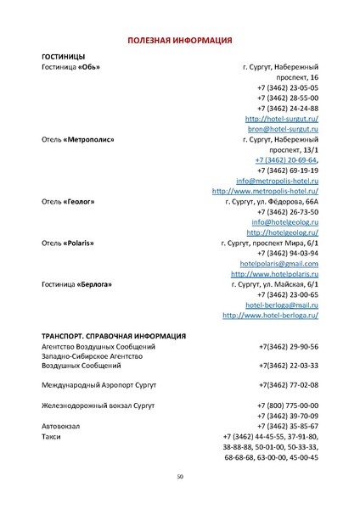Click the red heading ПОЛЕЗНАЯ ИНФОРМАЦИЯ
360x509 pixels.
(180, 40)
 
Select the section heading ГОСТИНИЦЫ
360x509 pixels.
(63, 56)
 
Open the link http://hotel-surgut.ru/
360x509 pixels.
(282, 119)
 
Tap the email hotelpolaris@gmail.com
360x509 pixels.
(279, 264)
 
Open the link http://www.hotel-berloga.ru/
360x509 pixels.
(270, 315)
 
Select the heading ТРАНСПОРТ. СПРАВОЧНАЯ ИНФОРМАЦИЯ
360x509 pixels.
(114, 336)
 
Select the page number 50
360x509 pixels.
(180, 477)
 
